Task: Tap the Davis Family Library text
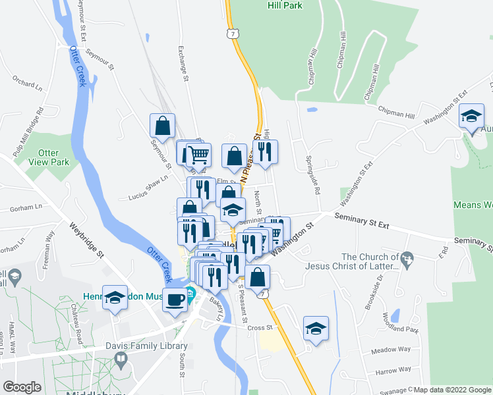(x=146, y=346)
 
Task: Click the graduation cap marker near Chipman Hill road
(x=472, y=117)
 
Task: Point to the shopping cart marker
(x=198, y=155)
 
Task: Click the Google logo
(x=22, y=386)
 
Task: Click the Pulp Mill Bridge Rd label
(x=29, y=132)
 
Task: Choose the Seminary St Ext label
(x=362, y=221)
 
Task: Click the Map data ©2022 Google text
(x=451, y=390)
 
